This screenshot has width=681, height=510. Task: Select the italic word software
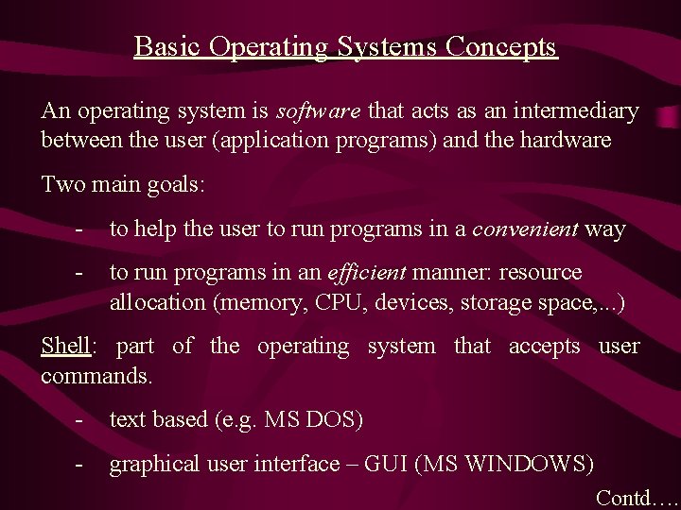[x=318, y=111]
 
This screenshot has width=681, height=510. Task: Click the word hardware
[x=565, y=141]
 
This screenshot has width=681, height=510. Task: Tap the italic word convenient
[x=525, y=229]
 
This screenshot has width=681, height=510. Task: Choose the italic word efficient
[x=367, y=274]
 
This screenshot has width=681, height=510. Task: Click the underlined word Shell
[x=64, y=346]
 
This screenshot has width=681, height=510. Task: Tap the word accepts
[x=545, y=347]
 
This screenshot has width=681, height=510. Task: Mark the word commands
[x=96, y=375]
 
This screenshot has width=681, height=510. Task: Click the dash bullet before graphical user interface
[x=82, y=464]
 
